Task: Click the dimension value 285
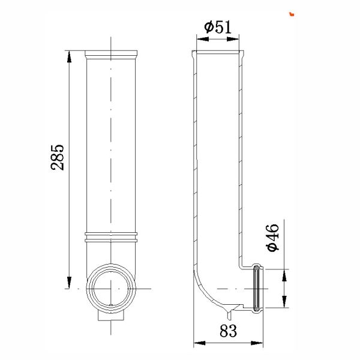coord(59,157)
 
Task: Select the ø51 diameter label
coord(217,27)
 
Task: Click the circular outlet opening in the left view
coord(112,288)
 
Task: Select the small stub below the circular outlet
coord(112,317)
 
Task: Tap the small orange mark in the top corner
coord(291,12)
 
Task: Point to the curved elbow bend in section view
coord(204,291)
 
